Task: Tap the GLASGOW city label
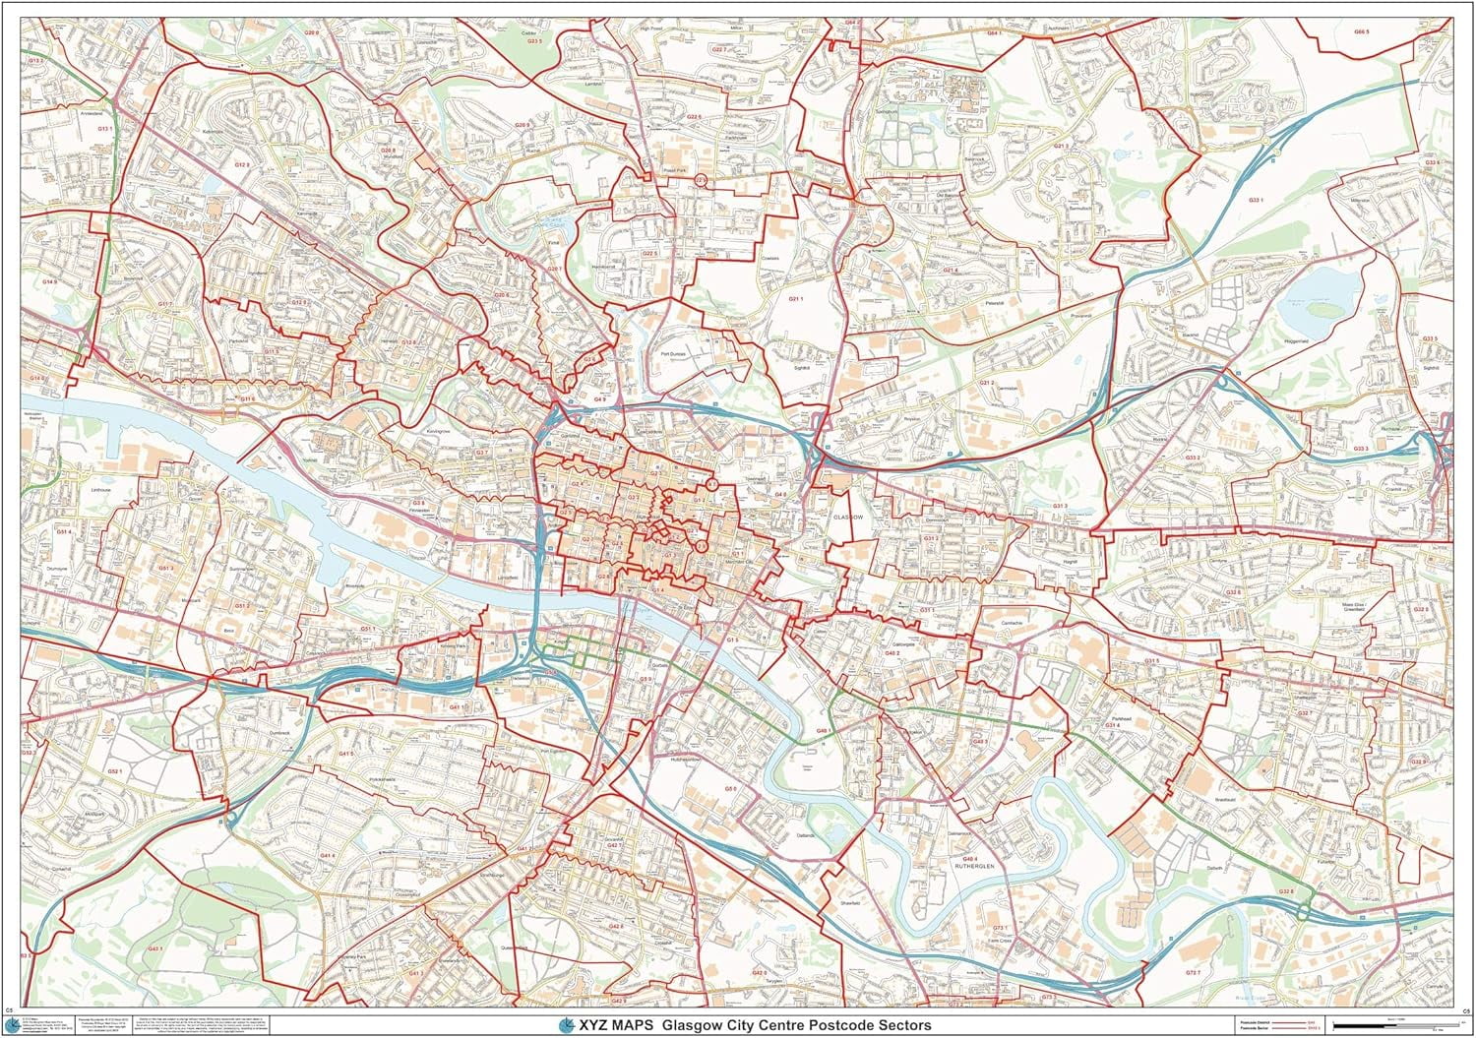click(x=846, y=517)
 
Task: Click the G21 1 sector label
click(x=796, y=298)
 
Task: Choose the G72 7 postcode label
click(x=1194, y=972)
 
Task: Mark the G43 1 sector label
click(x=415, y=973)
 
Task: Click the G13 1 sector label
click(x=103, y=128)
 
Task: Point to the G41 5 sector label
click(x=345, y=753)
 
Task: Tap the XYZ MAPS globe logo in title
click(x=565, y=1024)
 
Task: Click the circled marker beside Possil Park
click(x=701, y=180)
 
